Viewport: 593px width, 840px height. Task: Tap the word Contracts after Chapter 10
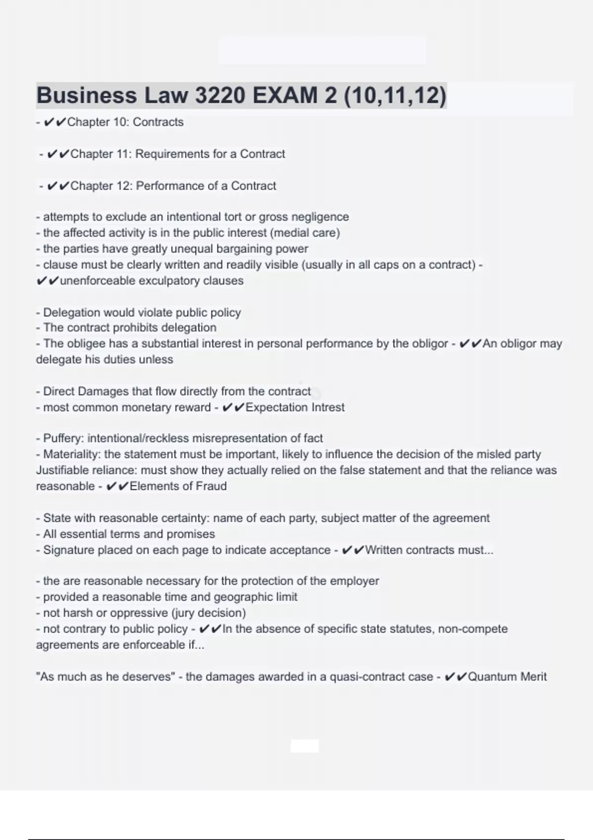158,122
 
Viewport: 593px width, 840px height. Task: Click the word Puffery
62,438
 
